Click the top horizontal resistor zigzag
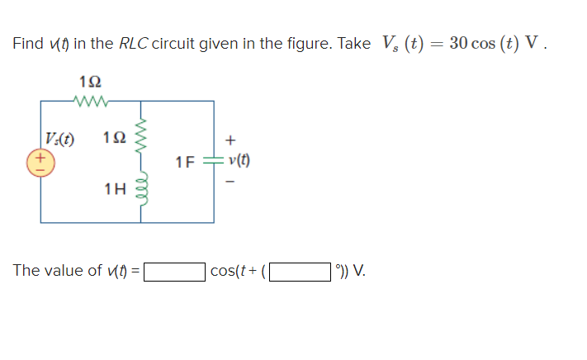point(88,102)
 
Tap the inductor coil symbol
point(142,189)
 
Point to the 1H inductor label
point(116,189)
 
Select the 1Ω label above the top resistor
point(89,82)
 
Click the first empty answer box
point(174,271)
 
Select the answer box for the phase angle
point(300,271)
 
